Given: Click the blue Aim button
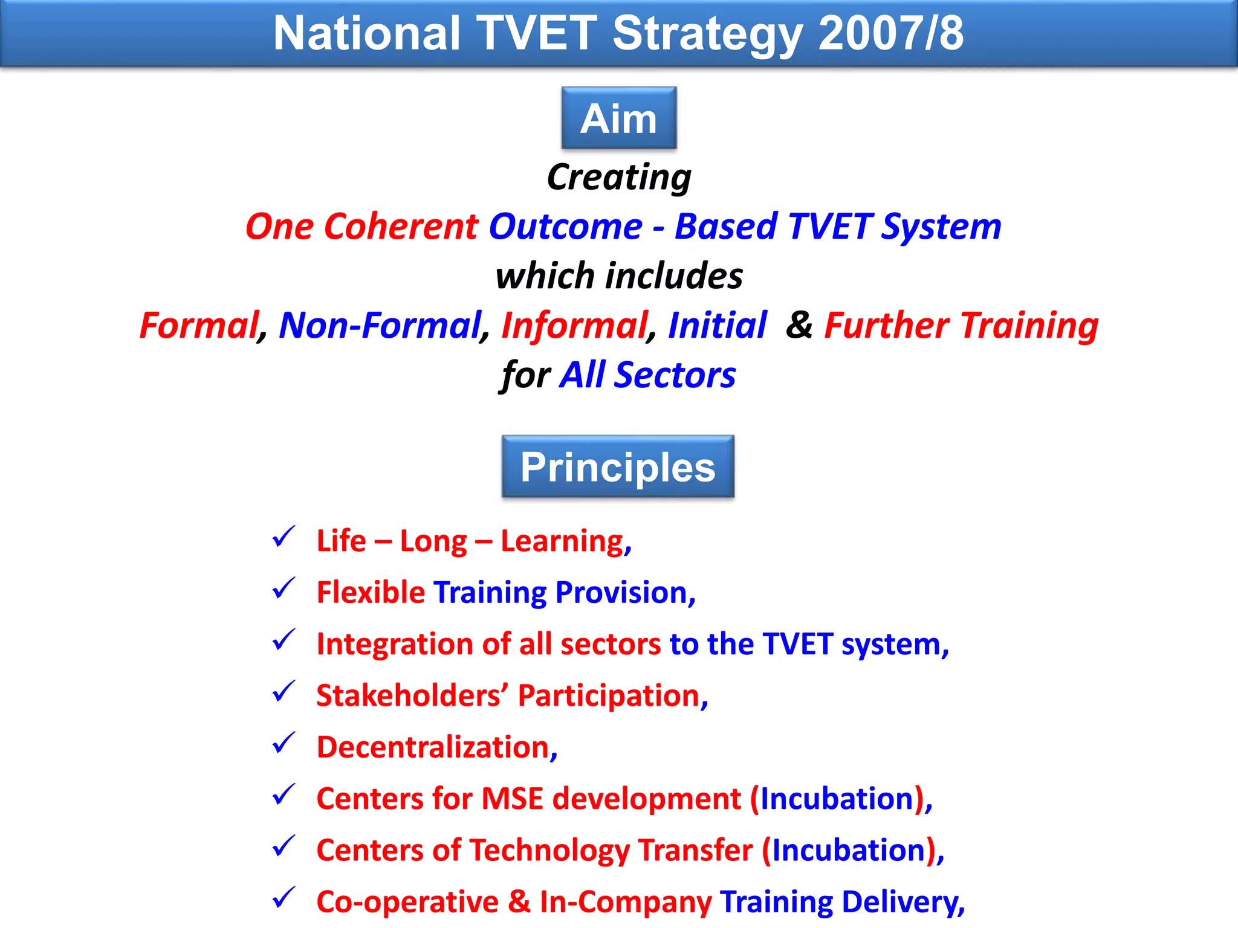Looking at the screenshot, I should point(618,118).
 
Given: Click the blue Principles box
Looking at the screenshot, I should point(618,467).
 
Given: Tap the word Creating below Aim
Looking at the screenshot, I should point(618,178).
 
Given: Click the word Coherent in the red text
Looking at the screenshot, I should point(401,227).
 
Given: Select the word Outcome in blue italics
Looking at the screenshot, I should point(565,227).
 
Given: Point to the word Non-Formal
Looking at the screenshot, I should point(380,326).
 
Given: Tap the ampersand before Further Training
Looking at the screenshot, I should point(799,325).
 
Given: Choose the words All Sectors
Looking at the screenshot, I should point(647,375).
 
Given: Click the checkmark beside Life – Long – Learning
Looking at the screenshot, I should point(284,536).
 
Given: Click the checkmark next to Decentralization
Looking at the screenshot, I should point(284,743).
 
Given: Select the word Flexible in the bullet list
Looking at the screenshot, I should point(371,593).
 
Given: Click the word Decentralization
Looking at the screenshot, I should point(433,747).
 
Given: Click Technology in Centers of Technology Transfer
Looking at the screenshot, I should point(549,851).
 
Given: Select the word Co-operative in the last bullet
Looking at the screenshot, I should point(407,902).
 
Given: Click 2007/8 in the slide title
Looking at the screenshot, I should point(890,33).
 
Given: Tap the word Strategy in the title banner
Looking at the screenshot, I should point(707,33).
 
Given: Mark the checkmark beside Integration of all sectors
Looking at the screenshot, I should point(284,640).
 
